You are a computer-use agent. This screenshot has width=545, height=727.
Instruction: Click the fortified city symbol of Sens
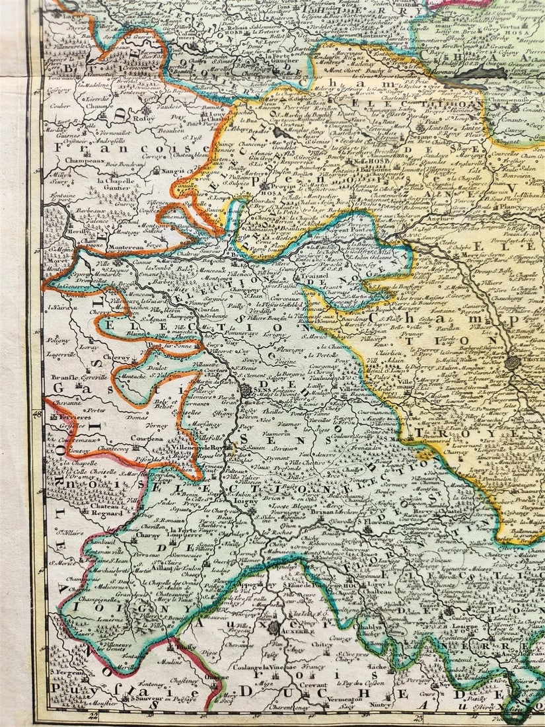point(245,390)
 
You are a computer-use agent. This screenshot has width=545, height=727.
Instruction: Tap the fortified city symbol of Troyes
point(513,362)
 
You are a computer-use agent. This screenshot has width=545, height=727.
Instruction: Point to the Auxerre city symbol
point(273,627)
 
